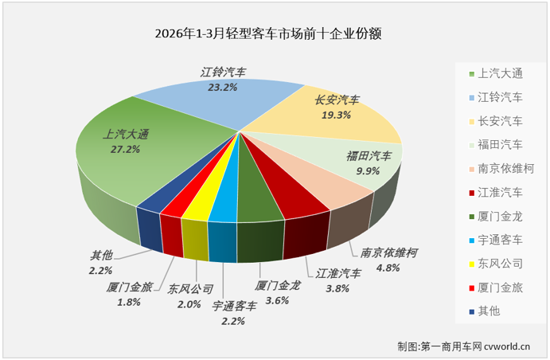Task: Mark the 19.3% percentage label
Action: [336, 115]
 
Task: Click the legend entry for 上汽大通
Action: [493, 74]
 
